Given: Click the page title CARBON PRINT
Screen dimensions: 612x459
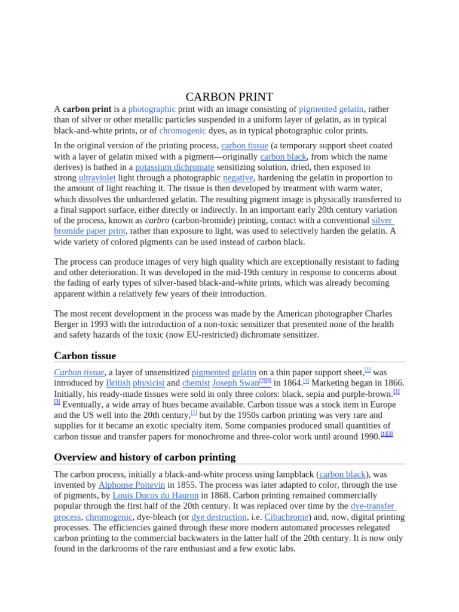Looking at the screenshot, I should click(229, 97).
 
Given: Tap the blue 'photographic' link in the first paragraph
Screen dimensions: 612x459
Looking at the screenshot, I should click(152, 109).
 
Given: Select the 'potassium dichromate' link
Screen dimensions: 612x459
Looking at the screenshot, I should click(175, 167).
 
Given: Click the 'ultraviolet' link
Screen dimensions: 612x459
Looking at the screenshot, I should click(97, 178).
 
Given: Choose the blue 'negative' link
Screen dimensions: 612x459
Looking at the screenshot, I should click(238, 178).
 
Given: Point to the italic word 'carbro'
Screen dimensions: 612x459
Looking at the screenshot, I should click(157, 221).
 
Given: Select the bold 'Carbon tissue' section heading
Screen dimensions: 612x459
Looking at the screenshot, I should click(85, 356).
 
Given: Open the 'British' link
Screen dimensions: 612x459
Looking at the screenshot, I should click(118, 383).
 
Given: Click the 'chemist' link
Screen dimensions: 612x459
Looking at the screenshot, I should click(196, 383).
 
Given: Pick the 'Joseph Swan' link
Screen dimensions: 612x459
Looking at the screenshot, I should click(235, 383).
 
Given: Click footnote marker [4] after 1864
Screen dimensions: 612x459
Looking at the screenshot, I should click(305, 381).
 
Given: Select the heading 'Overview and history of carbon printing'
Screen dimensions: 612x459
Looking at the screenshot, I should click(145, 457).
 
